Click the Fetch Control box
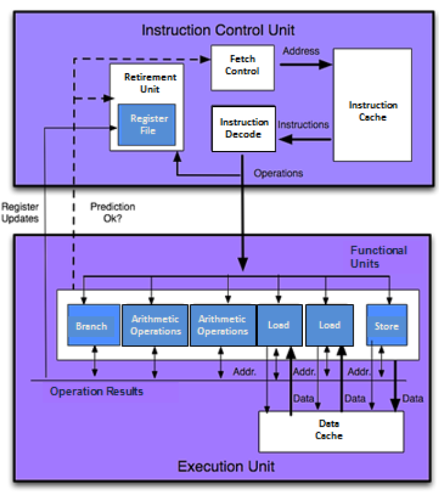click(x=242, y=67)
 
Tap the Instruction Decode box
click(x=243, y=129)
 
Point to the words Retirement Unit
click(x=149, y=83)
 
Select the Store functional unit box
click(x=386, y=325)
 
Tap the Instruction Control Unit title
click(x=218, y=30)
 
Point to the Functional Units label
click(x=378, y=256)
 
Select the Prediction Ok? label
click(x=113, y=212)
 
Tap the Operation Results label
click(x=97, y=391)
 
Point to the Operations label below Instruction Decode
click(x=278, y=173)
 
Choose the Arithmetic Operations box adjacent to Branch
click(x=155, y=325)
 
